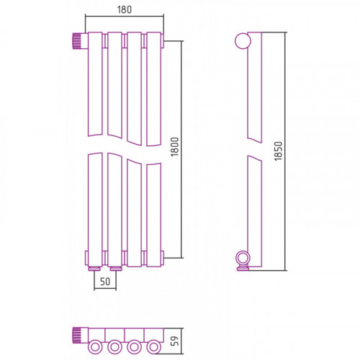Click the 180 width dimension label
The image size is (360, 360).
pyautogui.click(x=125, y=9)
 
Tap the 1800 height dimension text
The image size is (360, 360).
pyautogui.click(x=175, y=147)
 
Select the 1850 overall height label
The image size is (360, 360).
pyautogui.click(x=279, y=151)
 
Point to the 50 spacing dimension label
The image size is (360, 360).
pyautogui.click(x=105, y=282)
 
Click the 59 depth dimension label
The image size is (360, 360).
pyautogui.click(x=176, y=341)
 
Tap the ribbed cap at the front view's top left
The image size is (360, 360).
pyautogui.click(x=77, y=41)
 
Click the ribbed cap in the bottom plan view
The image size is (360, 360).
pyautogui.click(x=77, y=335)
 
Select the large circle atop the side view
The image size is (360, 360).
pyautogui.click(x=243, y=41)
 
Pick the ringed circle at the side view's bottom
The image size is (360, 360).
pyautogui.click(x=243, y=258)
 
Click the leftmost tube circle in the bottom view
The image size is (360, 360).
pyautogui.click(x=95, y=347)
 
